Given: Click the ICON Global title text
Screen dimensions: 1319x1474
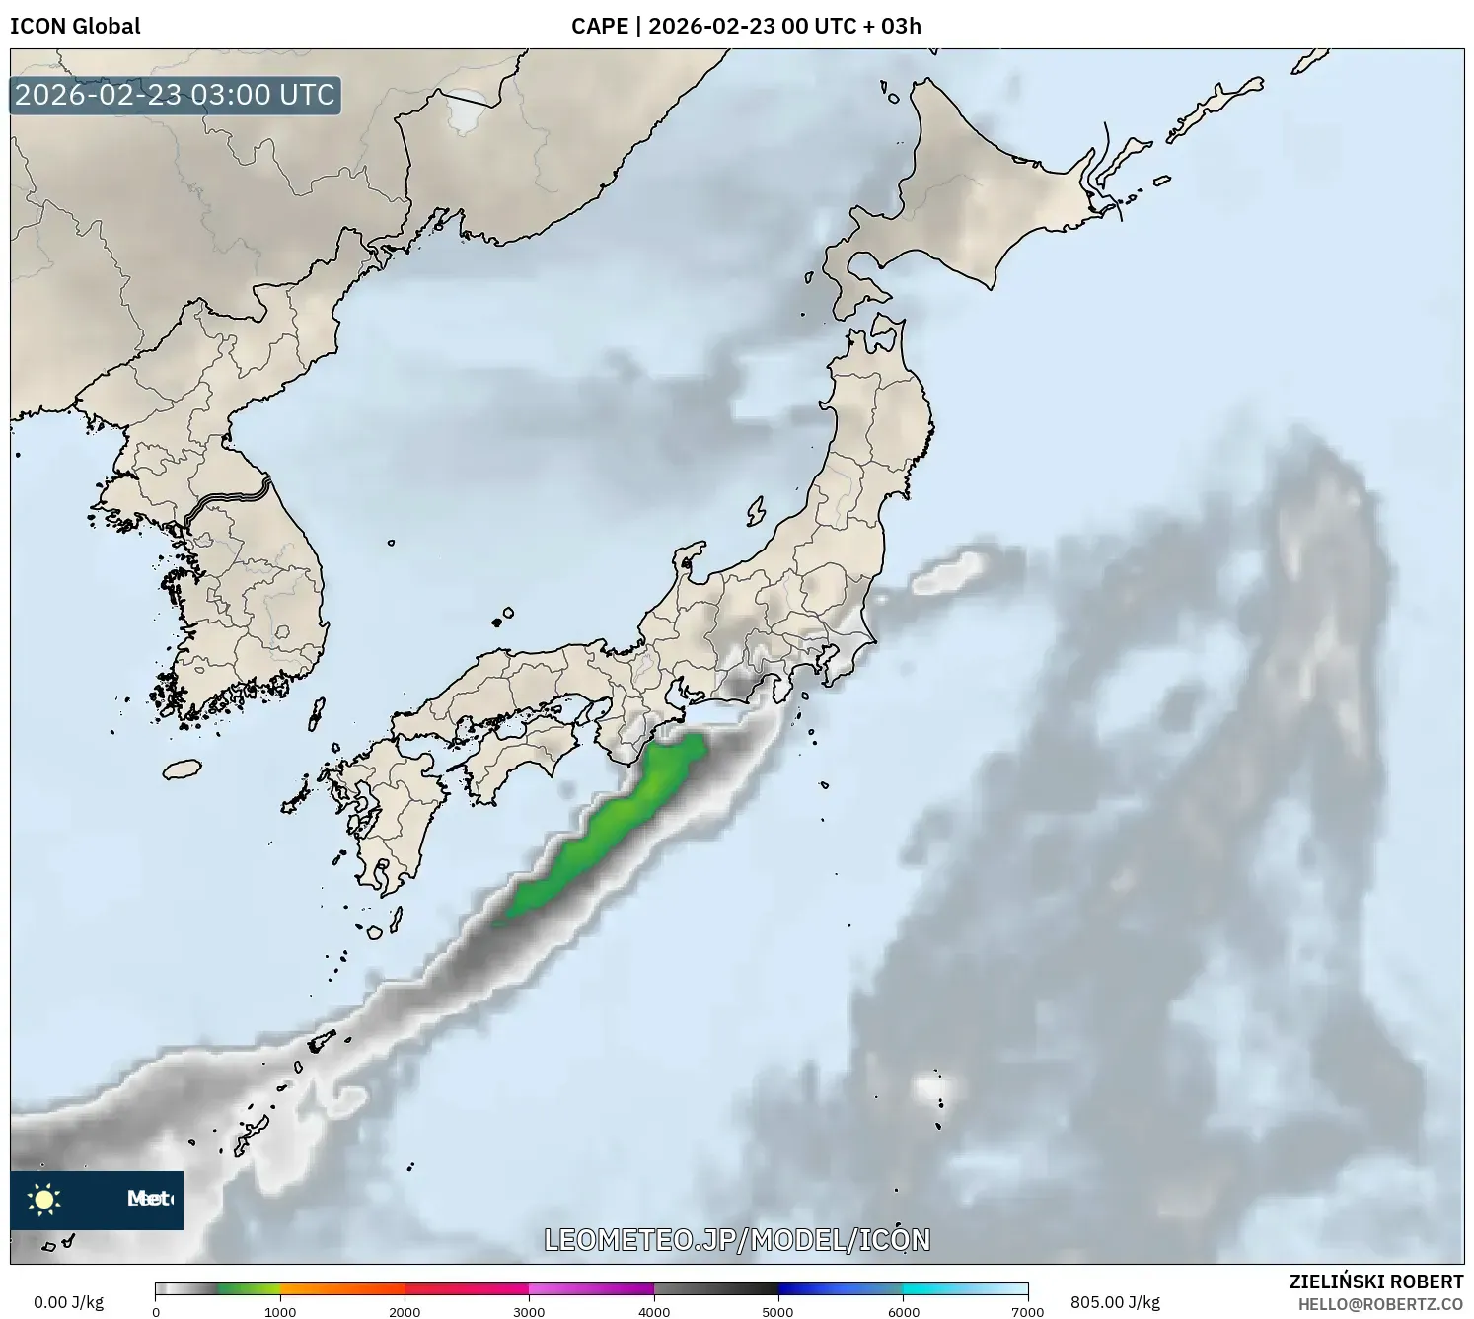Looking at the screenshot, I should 75,26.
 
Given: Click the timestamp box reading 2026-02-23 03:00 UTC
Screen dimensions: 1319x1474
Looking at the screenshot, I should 175,95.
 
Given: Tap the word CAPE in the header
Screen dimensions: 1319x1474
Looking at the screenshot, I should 599,26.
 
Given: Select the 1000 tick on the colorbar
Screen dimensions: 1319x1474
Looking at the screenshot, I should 280,1311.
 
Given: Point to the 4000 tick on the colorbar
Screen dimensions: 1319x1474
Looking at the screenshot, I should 654,1311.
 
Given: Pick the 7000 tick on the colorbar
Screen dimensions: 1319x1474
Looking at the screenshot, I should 1027,1311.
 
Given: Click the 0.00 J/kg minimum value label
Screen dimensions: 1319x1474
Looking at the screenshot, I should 68,1302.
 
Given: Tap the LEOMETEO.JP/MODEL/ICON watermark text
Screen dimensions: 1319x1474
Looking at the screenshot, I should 737,1240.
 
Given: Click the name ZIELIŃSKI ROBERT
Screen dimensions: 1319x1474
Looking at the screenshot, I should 1376,1282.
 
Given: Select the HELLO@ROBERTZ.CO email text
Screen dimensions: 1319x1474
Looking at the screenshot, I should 1380,1304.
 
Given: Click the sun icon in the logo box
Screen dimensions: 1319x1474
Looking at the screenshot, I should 44,1200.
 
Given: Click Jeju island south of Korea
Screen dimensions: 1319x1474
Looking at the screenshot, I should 183,769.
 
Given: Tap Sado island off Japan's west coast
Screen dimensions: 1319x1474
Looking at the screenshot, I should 756,512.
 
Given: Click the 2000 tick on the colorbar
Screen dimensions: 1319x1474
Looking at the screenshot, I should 405,1311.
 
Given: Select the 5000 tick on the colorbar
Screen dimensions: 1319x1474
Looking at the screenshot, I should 778,1311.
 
